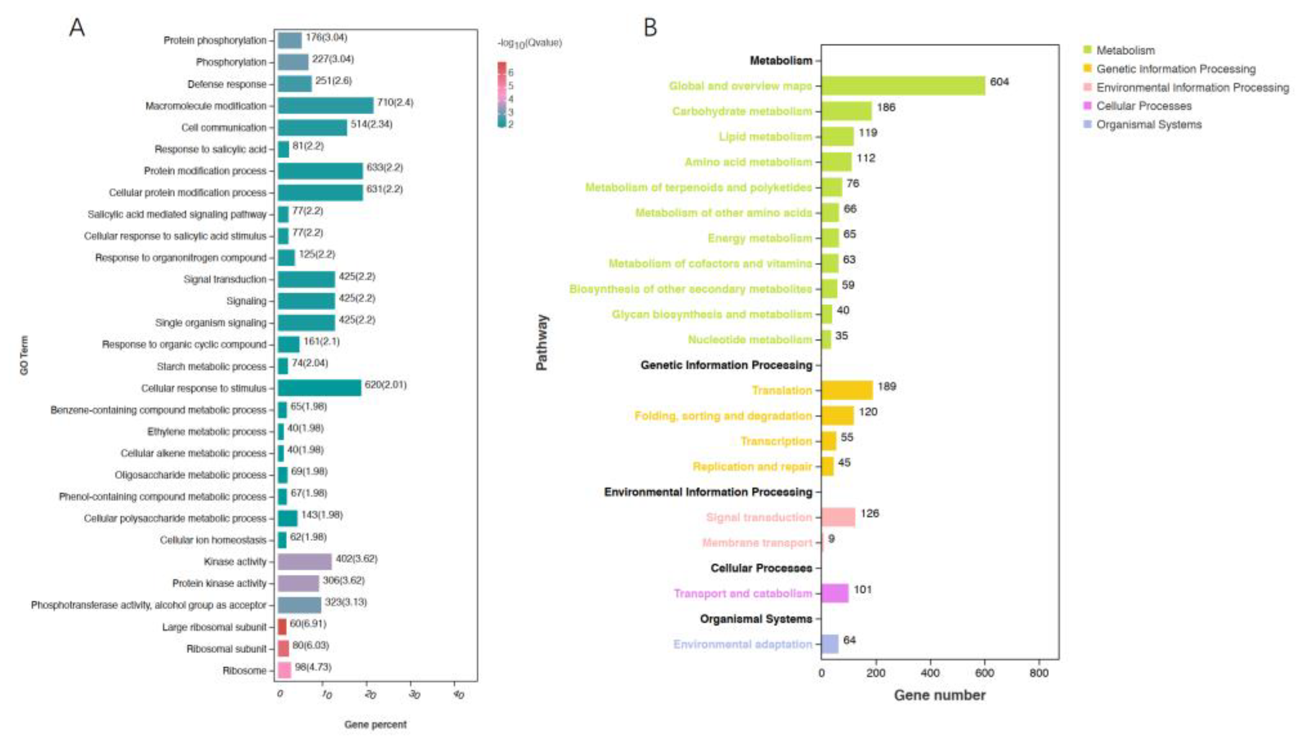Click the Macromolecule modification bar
[325, 106]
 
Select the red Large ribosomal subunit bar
[282, 627]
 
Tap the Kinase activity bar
[304, 562]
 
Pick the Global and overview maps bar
[902, 85]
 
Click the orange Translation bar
[847, 390]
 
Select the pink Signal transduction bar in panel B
[838, 517]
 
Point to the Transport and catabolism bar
[834, 593]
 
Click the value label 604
[999, 82]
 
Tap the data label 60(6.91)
[308, 623]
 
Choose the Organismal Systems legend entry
[1149, 124]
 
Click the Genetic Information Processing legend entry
[1175, 69]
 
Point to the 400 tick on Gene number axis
[930, 673]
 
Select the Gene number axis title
[940, 695]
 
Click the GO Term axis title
[24, 355]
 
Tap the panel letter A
[77, 27]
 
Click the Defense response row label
[226, 84]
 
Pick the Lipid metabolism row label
[765, 136]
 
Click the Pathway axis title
[542, 342]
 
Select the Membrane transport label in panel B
[757, 542]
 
